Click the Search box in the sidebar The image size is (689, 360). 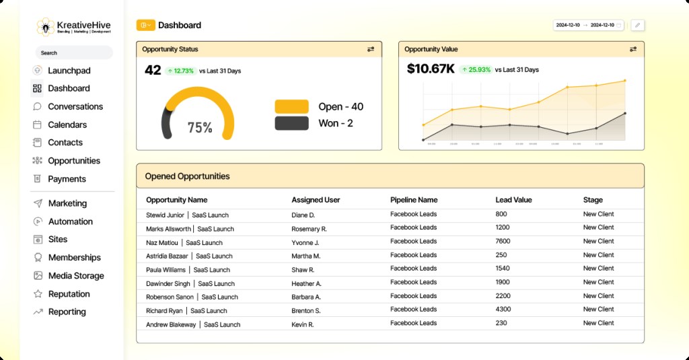pyautogui.click(x=73, y=52)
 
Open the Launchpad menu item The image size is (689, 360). pyautogui.click(x=69, y=71)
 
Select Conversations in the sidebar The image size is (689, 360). pyautogui.click(x=75, y=106)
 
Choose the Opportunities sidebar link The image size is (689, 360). pyautogui.click(x=73, y=161)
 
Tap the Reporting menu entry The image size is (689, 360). pyautogui.click(x=67, y=312)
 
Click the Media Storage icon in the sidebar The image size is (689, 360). pyautogui.click(x=38, y=276)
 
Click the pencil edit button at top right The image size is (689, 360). pyautogui.click(x=637, y=25)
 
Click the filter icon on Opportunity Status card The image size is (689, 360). pyautogui.click(x=371, y=49)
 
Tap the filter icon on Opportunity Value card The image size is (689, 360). pyautogui.click(x=633, y=49)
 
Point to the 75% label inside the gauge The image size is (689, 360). pyautogui.click(x=200, y=127)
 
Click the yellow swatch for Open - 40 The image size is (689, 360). pyautogui.click(x=291, y=106)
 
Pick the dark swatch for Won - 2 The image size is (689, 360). pyautogui.click(x=291, y=123)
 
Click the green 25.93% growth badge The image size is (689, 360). pyautogui.click(x=475, y=69)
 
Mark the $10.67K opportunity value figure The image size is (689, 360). pyautogui.click(x=431, y=69)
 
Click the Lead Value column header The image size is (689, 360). pyautogui.click(x=513, y=200)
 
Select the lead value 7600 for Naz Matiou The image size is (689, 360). pyautogui.click(x=503, y=242)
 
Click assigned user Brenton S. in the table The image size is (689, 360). pyautogui.click(x=305, y=310)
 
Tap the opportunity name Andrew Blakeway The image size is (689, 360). pyautogui.click(x=172, y=324)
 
